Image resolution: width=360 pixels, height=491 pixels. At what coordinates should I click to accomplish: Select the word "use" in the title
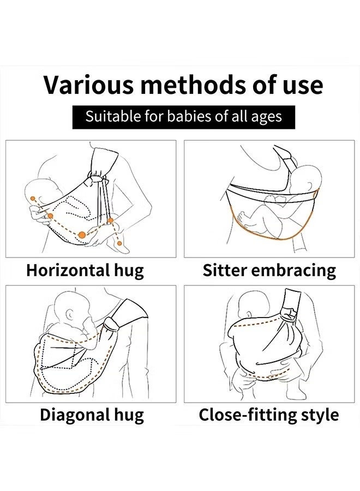coord(299,85)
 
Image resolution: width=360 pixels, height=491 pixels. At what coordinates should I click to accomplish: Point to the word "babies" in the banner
coord(180,116)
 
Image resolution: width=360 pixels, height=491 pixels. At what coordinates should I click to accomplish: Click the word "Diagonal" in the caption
coord(71,415)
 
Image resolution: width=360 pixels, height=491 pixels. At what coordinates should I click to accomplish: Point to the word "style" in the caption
coord(319,415)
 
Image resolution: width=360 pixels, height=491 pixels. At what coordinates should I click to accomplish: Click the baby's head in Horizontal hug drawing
coord(38,194)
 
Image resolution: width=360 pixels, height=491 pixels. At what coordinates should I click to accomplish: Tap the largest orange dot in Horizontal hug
coord(82,235)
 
